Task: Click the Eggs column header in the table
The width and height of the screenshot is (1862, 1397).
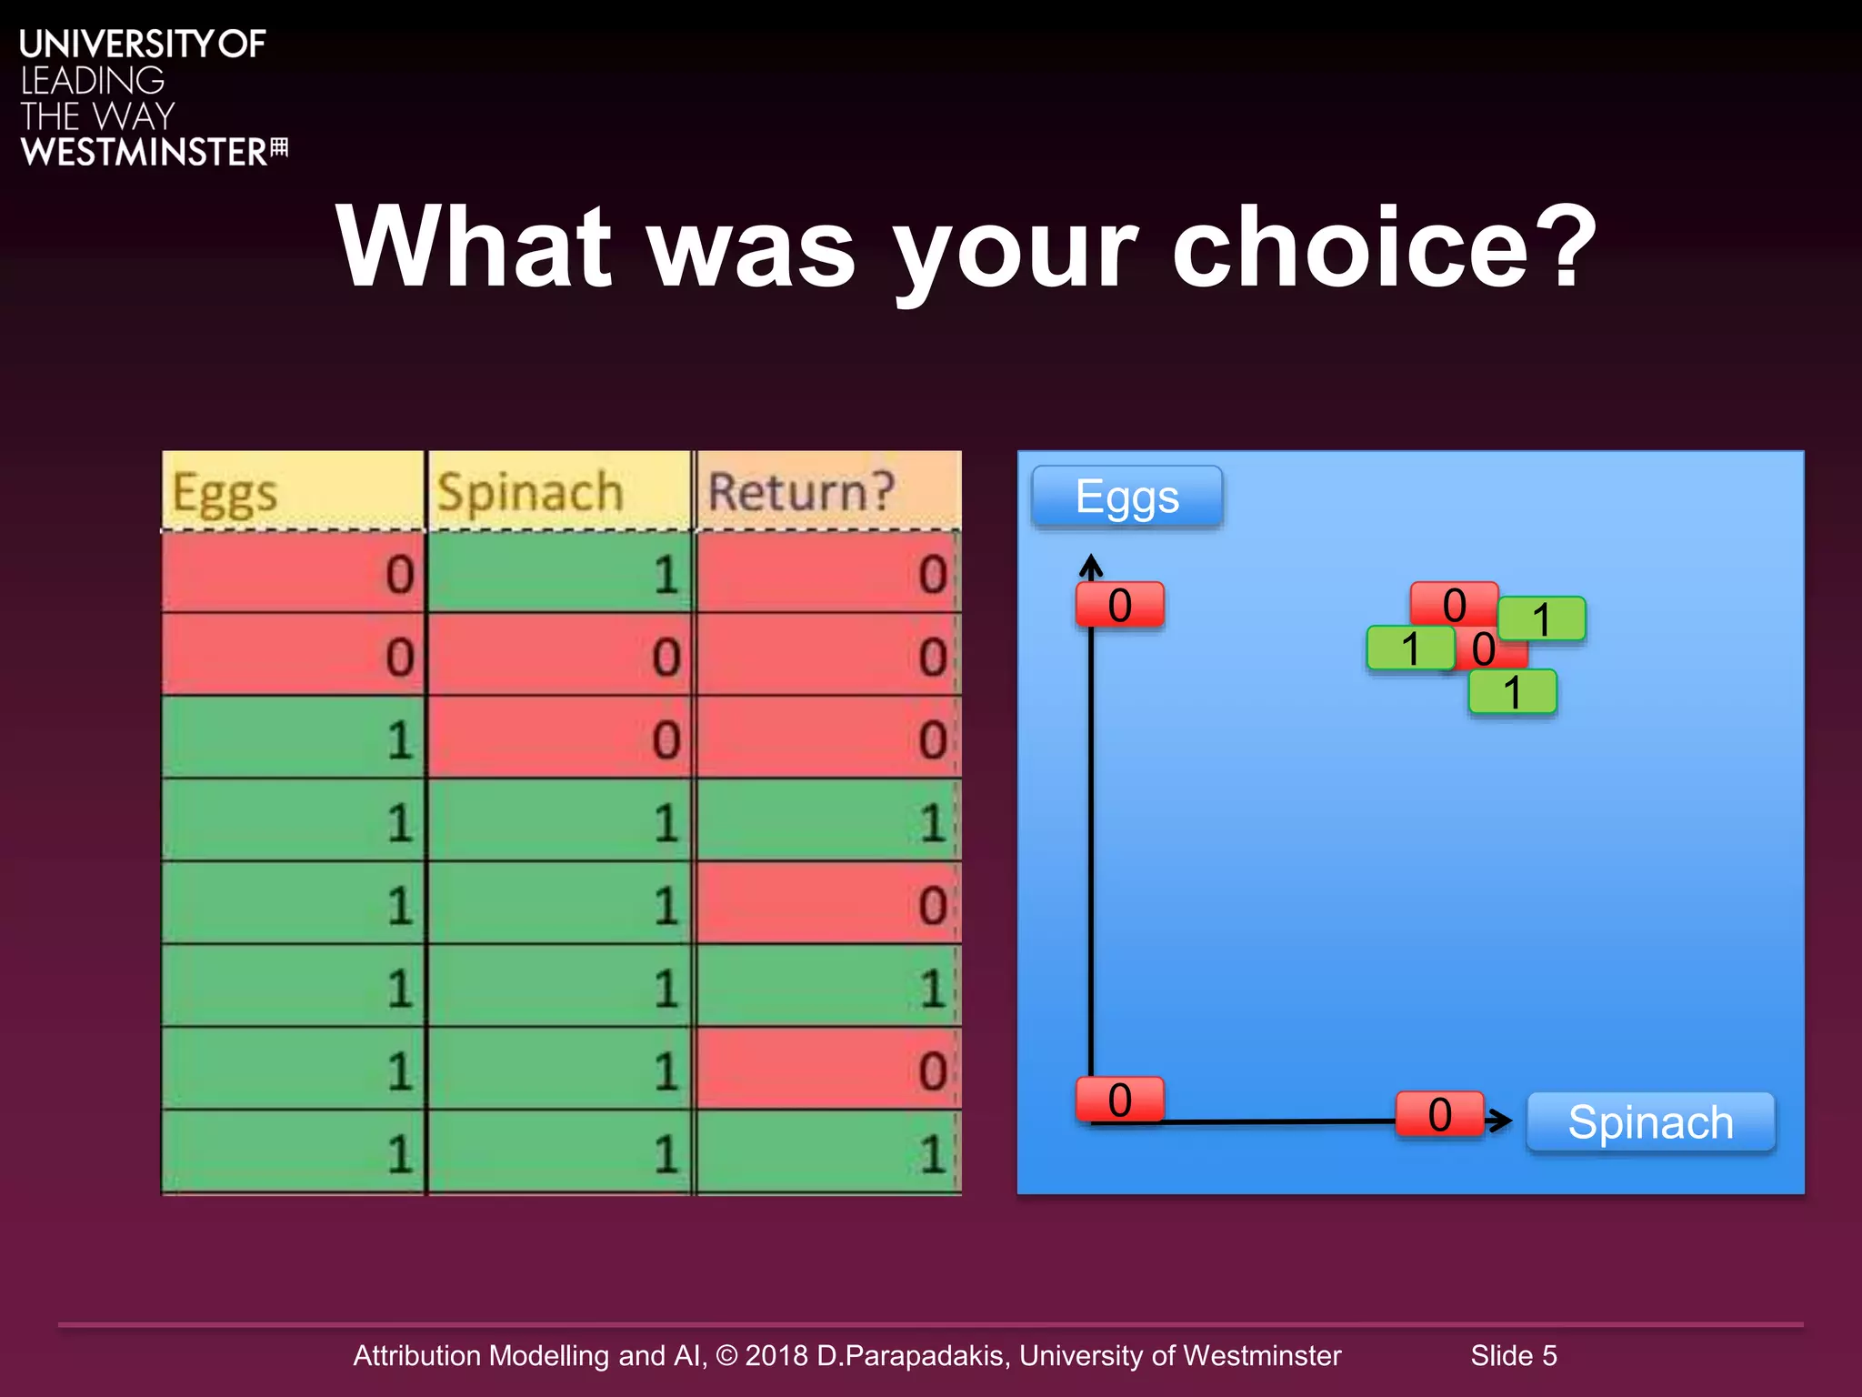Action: click(x=293, y=491)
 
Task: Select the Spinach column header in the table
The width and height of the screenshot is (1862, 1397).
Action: click(x=559, y=491)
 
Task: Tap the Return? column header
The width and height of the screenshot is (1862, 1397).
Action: click(x=827, y=491)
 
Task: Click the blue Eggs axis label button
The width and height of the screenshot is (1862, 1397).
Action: click(x=1127, y=497)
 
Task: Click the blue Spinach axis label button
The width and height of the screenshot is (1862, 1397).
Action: click(x=1650, y=1121)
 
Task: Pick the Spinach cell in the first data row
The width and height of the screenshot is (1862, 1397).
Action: click(x=559, y=573)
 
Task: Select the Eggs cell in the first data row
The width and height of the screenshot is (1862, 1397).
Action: click(x=293, y=573)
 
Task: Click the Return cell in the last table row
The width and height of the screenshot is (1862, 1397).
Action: click(x=827, y=1152)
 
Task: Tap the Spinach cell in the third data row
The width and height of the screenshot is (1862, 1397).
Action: click(x=559, y=739)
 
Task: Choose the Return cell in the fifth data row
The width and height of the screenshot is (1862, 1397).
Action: click(x=827, y=904)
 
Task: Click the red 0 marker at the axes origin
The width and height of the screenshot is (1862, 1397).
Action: click(x=1120, y=1100)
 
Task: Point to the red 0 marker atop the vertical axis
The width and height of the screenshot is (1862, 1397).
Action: click(x=1120, y=605)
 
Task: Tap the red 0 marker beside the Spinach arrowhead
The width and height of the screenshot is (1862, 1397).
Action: click(x=1440, y=1114)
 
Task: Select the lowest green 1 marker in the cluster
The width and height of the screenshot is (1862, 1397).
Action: click(x=1513, y=692)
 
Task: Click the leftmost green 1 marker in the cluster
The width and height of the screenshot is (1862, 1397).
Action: click(x=1410, y=648)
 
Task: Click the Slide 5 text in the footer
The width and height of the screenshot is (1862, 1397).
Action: click(x=1514, y=1355)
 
